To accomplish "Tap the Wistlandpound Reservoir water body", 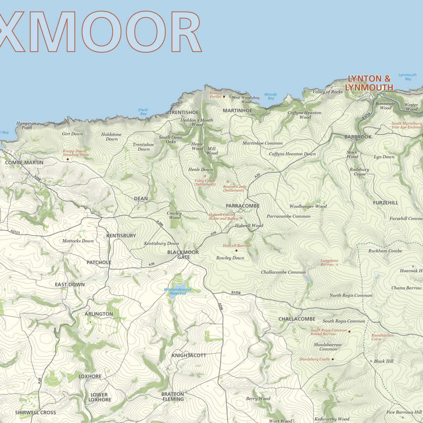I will pos(179,288).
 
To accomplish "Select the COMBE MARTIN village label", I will pos(24,163).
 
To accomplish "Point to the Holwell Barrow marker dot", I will pos(236,251).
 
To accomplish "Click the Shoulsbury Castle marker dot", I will pos(333,359).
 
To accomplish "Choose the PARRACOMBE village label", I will pos(242,206).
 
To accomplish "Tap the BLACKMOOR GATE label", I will pos(183,254).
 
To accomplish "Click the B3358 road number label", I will pos(236,292).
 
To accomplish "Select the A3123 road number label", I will pos(15,232).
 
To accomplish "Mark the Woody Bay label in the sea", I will pos(271,96).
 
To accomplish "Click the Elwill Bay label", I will pos(143,112).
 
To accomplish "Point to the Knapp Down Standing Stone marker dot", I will pos(68,159).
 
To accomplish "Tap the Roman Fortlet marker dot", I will pos(224,97).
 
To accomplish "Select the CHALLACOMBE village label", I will pos(297,319).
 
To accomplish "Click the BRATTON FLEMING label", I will pos(173,397).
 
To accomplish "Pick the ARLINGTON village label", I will pos(99,314).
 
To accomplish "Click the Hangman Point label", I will pos(26,125).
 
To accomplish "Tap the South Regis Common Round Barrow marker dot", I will pos(349,331).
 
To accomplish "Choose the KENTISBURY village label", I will pos(121,235).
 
